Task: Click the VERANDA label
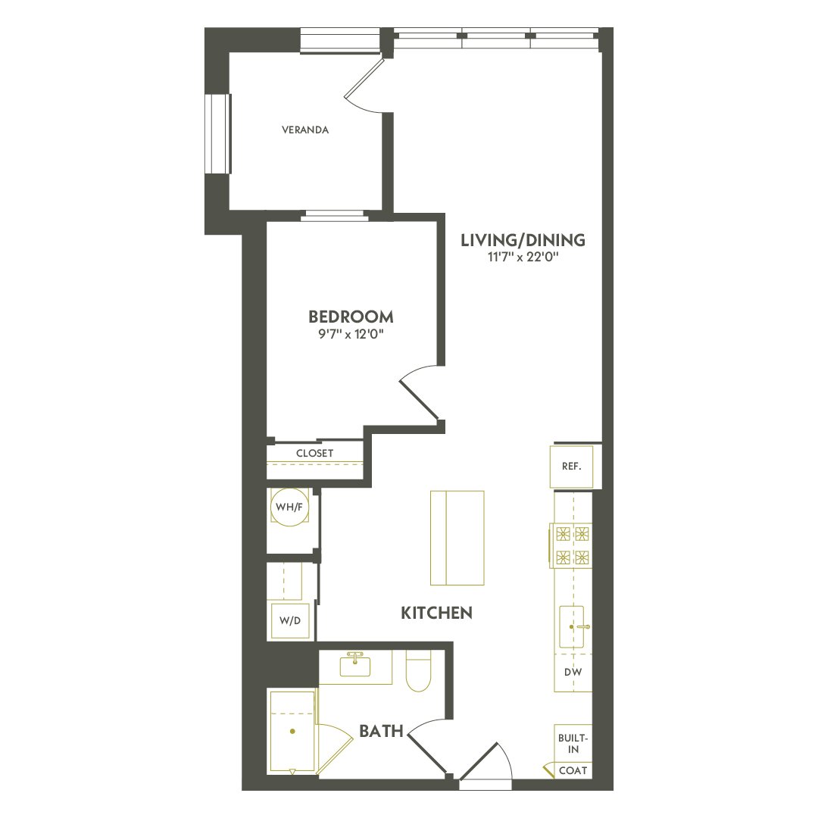(x=305, y=130)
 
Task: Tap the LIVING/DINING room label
(x=523, y=241)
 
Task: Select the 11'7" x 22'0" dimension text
(x=523, y=258)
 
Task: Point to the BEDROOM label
(x=351, y=317)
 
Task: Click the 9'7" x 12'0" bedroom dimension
(x=351, y=333)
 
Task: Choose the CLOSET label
(x=315, y=454)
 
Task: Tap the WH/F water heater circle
(x=289, y=507)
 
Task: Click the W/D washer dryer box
(x=290, y=620)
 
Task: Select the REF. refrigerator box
(x=571, y=467)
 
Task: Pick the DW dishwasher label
(x=573, y=672)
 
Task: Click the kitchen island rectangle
(x=457, y=538)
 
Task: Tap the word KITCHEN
(x=436, y=613)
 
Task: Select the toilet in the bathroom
(x=418, y=673)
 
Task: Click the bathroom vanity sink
(x=354, y=667)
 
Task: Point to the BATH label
(x=380, y=732)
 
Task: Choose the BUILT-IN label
(x=573, y=743)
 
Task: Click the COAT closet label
(x=572, y=770)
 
